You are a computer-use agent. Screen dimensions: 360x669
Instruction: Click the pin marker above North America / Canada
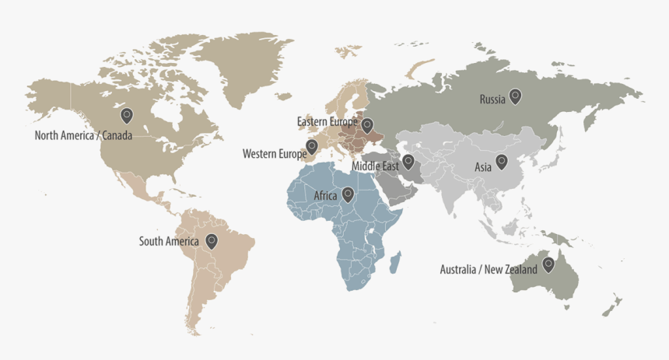tap(127, 116)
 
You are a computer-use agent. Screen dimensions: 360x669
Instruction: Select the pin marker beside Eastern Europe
tap(367, 124)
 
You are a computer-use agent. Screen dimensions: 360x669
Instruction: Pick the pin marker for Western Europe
tap(312, 146)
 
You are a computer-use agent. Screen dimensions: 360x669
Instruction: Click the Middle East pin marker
tap(408, 162)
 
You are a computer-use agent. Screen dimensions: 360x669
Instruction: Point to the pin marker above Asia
tap(501, 162)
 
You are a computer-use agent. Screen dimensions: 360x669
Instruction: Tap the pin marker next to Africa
tap(348, 194)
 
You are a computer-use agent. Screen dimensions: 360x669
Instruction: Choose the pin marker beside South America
tap(211, 241)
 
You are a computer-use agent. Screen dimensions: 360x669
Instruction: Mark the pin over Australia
tap(548, 264)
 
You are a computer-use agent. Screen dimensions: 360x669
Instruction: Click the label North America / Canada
tap(83, 135)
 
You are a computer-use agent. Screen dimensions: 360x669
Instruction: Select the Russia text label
tap(492, 100)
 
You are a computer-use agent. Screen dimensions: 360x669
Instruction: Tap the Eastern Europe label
tap(327, 121)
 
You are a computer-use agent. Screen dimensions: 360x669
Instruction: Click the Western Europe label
tap(274, 154)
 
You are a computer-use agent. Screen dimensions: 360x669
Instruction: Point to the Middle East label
tap(375, 166)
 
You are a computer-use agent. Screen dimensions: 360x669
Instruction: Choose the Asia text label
tap(482, 167)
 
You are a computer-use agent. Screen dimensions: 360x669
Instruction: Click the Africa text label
tap(325, 196)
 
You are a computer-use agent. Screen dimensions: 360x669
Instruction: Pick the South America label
tap(169, 242)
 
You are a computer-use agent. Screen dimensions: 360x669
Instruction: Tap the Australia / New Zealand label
tap(488, 270)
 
